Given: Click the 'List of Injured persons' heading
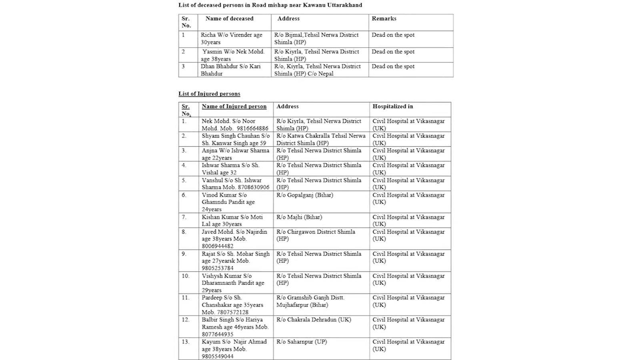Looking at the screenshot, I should (209, 94).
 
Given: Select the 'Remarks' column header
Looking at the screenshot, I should (384, 19).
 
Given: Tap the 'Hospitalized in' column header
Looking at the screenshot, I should (392, 106).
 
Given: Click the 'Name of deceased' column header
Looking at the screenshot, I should (229, 19).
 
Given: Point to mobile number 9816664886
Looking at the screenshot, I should (251, 128).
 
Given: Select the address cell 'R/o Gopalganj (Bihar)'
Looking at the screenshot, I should (304, 195).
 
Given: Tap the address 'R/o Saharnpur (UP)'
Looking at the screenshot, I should (301, 342).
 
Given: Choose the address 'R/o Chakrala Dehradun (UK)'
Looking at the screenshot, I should (314, 320).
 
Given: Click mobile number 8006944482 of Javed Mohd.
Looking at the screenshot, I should (218, 246).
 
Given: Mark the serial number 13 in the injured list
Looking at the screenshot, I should (185, 342).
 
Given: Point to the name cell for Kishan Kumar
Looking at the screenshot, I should (232, 220).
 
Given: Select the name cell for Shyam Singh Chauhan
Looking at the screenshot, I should (235, 139).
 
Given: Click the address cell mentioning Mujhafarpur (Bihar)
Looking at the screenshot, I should (310, 302).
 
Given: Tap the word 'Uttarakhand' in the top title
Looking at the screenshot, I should (344, 5).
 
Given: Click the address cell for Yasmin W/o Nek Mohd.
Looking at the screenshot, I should (316, 55).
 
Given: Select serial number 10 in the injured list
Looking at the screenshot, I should (185, 276).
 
